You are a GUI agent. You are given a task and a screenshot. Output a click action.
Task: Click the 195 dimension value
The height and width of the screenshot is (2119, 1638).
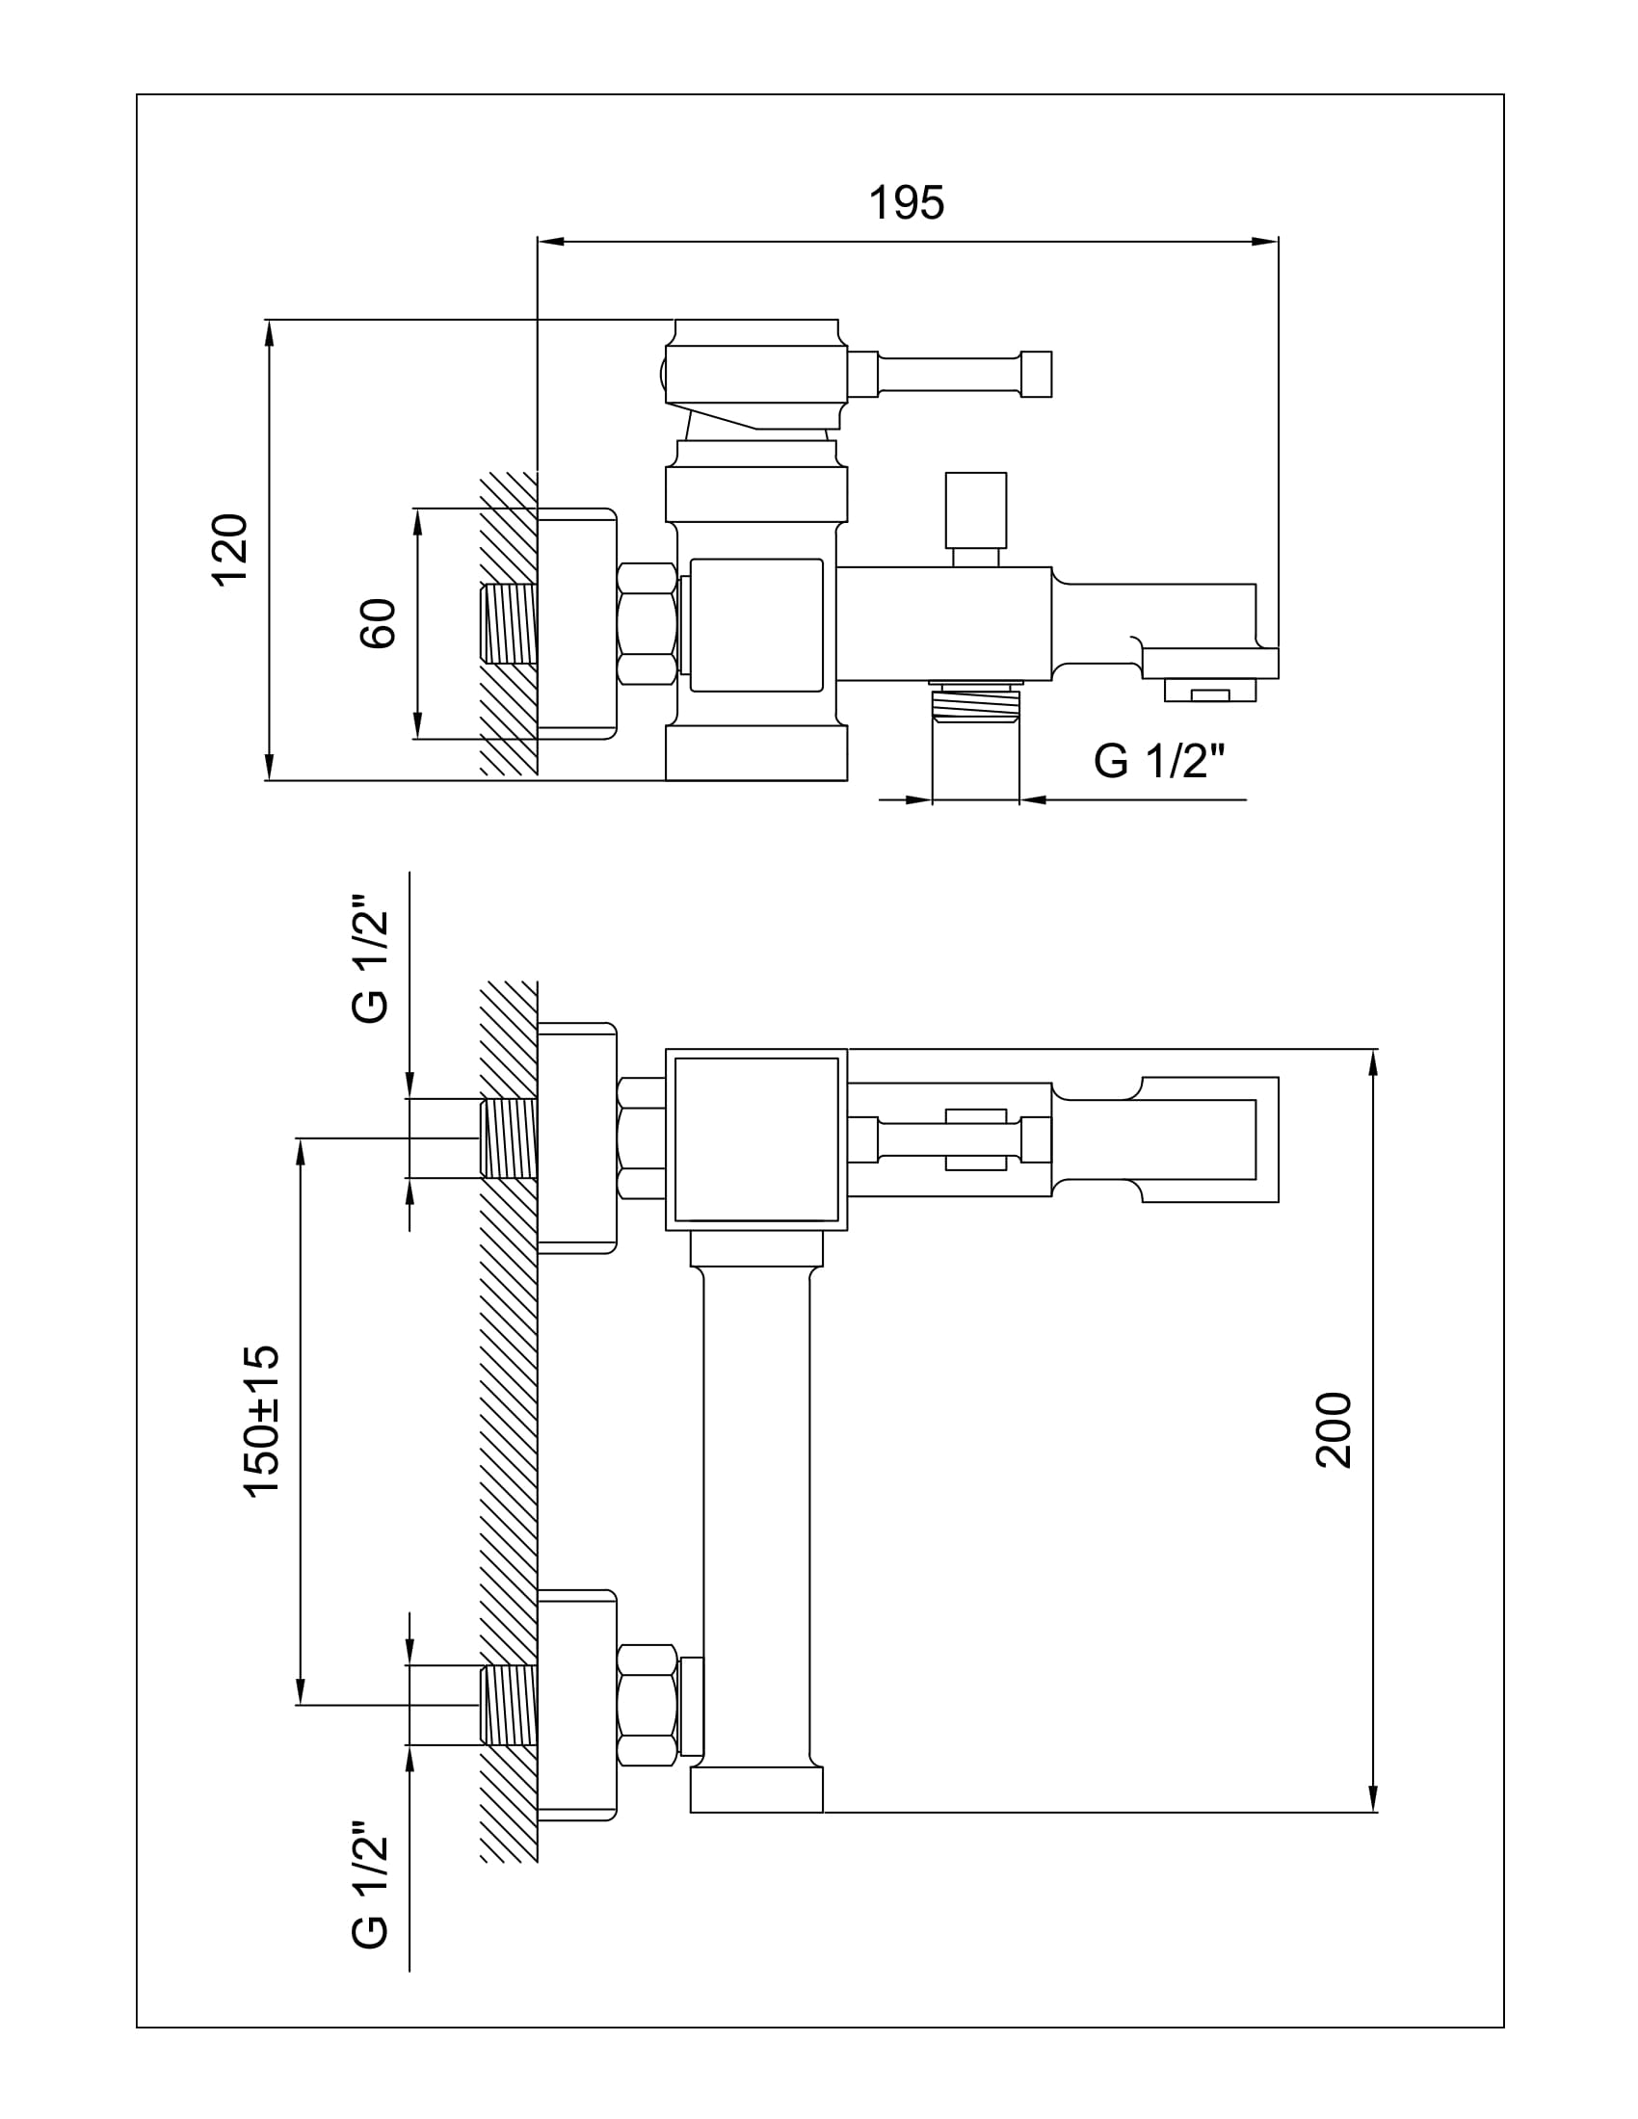click(x=906, y=203)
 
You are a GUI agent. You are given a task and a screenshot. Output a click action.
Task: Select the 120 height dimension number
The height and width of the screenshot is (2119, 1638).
click(x=231, y=549)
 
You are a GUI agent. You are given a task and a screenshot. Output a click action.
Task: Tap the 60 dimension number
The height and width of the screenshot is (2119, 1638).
click(x=379, y=623)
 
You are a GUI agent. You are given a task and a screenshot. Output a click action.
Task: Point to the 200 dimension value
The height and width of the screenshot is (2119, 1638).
click(x=1334, y=1430)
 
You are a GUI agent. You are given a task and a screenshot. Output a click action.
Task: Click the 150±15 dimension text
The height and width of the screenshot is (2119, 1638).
click(x=262, y=1422)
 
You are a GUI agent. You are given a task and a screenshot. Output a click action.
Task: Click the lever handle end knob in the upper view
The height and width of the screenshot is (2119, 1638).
click(x=1037, y=374)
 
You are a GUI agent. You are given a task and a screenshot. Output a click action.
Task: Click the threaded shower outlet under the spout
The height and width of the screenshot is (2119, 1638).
click(x=976, y=701)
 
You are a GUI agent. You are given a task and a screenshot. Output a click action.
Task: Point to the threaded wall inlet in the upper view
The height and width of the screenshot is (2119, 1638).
click(x=510, y=623)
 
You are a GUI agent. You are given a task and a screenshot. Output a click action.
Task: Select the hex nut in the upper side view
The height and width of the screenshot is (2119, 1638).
click(x=647, y=624)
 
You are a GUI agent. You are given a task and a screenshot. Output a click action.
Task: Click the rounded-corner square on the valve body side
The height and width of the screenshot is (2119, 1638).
click(x=756, y=625)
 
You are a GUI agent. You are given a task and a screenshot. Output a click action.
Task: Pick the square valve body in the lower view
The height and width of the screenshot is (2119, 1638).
click(x=756, y=1140)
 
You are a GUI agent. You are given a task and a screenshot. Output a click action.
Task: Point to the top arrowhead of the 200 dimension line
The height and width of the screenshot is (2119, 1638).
click(x=1374, y=1062)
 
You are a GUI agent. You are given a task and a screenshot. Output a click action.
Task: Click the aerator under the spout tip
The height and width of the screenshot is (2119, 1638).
click(x=1210, y=690)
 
